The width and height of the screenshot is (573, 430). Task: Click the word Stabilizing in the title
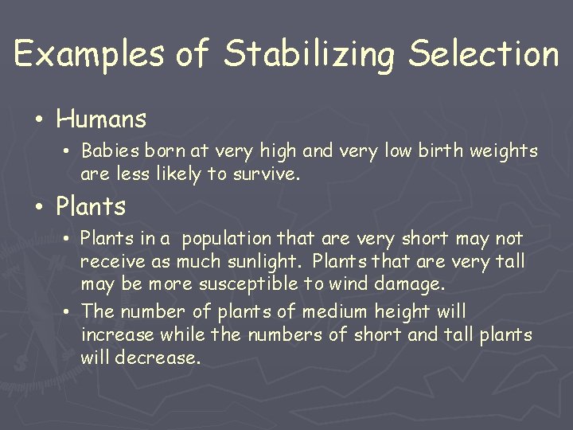[310, 55]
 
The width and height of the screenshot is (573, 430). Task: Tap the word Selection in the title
[484, 53]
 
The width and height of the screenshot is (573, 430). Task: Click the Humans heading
[101, 119]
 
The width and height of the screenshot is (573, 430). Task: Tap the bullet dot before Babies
[68, 151]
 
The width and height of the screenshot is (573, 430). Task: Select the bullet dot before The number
[68, 311]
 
